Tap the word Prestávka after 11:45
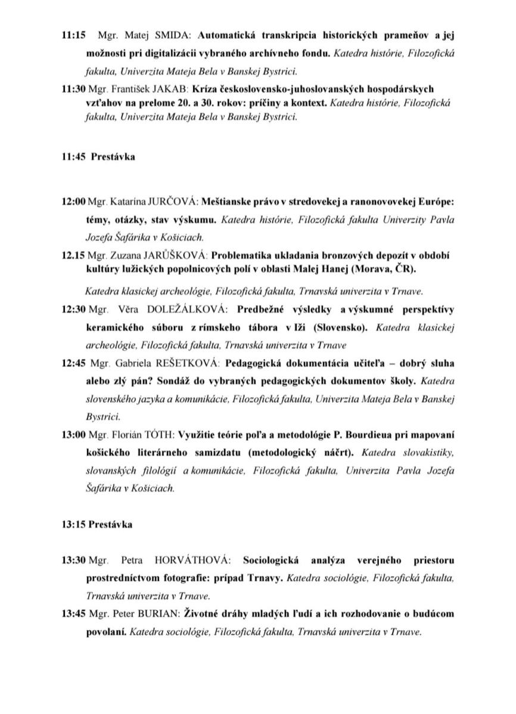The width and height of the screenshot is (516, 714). point(113,157)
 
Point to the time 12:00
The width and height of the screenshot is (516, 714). point(73,202)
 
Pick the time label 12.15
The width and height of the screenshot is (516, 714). point(73,255)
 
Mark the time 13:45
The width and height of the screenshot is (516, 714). point(73,614)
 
